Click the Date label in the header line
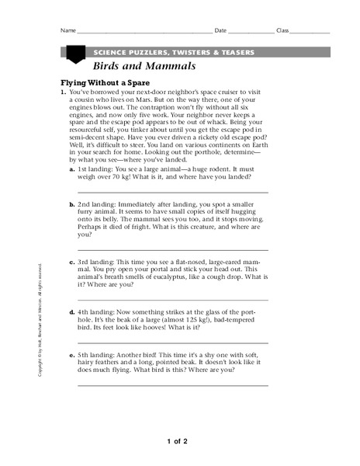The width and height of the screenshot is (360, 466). pos(221,30)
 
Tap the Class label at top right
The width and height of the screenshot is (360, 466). pos(282,30)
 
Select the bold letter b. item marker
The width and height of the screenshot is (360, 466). pos(72,203)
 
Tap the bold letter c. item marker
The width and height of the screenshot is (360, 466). pos(72,262)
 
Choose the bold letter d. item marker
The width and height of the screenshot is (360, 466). pos(72,311)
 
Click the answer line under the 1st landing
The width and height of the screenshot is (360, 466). pos(173,192)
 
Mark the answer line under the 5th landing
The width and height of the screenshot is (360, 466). pos(173,384)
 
